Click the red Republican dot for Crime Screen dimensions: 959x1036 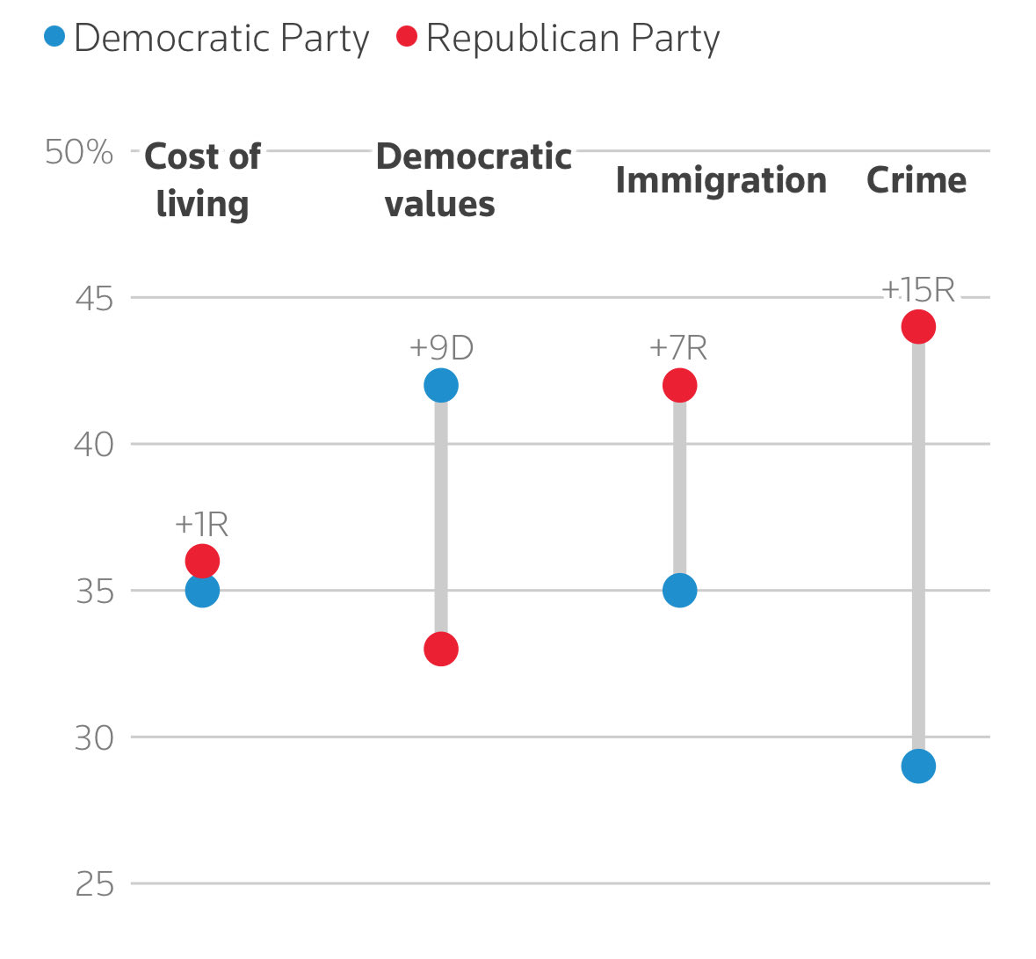(917, 327)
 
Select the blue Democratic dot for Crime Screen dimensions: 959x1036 (917, 766)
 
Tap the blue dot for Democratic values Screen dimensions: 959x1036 (440, 385)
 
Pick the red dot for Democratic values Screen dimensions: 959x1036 (440, 650)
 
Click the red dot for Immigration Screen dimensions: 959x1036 (679, 385)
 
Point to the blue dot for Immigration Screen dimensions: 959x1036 (679, 591)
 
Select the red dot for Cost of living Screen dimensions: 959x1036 (202, 560)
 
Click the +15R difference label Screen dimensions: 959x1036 (917, 289)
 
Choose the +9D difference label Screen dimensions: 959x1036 (441, 348)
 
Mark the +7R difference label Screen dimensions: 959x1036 (678, 348)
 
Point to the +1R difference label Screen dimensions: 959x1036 (202, 525)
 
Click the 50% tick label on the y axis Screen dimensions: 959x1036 (79, 152)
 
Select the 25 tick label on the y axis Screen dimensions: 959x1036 (95, 884)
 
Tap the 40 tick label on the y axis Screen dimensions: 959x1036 (94, 445)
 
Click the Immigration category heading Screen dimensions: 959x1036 (721, 180)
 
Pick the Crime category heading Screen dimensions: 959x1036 (916, 180)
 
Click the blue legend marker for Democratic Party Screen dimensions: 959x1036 (54, 37)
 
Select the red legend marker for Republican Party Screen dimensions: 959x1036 (407, 37)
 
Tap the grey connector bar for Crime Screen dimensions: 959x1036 (917, 545)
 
